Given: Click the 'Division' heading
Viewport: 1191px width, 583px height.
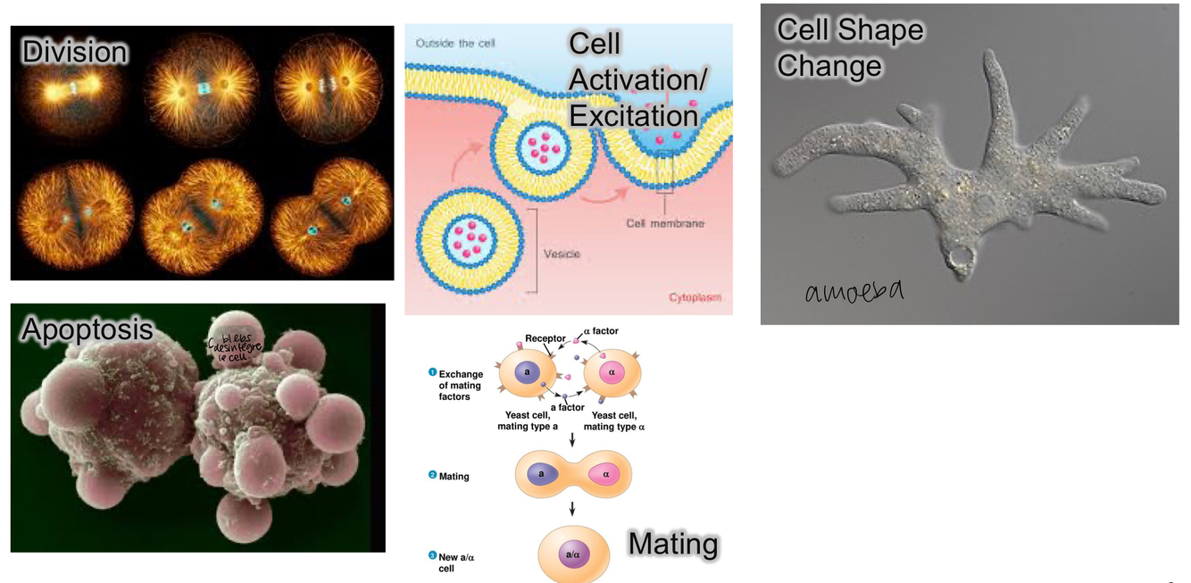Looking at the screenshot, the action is pos(75,52).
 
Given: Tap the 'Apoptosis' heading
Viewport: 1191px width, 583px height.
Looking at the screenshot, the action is pos(87,330).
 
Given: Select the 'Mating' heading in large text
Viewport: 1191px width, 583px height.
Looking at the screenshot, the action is pos(673,544).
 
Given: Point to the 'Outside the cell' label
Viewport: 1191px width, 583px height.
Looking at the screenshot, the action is pos(455,43).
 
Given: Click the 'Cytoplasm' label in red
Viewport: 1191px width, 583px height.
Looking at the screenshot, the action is pos(695,297).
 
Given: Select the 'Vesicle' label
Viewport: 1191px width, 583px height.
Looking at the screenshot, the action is pos(562,254).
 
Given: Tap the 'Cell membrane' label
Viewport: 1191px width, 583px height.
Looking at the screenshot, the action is pos(665,223).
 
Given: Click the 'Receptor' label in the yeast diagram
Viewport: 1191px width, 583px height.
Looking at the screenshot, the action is pos(546,338).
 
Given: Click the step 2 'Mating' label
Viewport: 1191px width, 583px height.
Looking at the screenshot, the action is pos(454,477).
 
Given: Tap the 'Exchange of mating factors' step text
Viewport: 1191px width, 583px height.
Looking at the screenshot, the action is pos(461,386).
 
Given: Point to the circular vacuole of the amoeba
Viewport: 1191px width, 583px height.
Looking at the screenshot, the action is pos(961,260).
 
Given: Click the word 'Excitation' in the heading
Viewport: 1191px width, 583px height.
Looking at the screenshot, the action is pos(633,116).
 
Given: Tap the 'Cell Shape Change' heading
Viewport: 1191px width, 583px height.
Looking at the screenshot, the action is pos(849,47).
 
